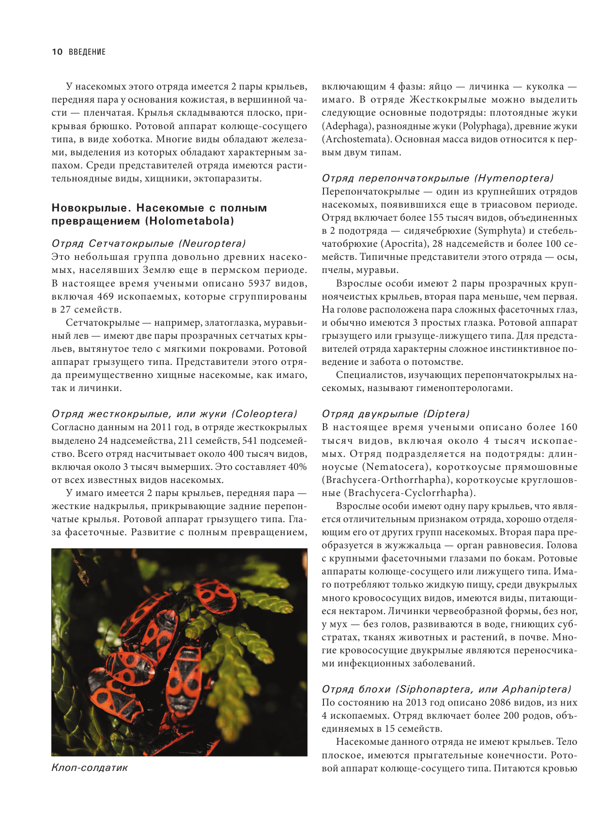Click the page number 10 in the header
[x=57, y=52]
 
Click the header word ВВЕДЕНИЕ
[x=87, y=52]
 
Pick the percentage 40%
[x=297, y=467]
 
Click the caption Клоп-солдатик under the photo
[x=90, y=768]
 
